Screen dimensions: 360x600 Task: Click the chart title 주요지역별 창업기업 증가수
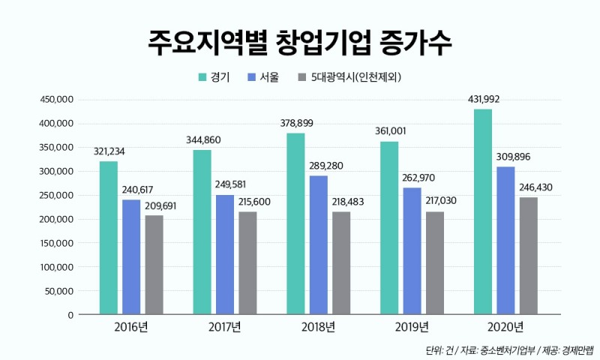click(x=300, y=43)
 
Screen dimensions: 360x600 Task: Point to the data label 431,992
click(x=484, y=99)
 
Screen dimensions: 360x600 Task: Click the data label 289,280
click(x=319, y=165)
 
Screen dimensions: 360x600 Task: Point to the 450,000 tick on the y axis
click(x=55, y=99)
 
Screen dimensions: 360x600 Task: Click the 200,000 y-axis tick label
click(x=55, y=219)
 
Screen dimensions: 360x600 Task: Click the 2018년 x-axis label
click(x=318, y=326)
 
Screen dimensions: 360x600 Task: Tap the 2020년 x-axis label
click(x=505, y=326)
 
